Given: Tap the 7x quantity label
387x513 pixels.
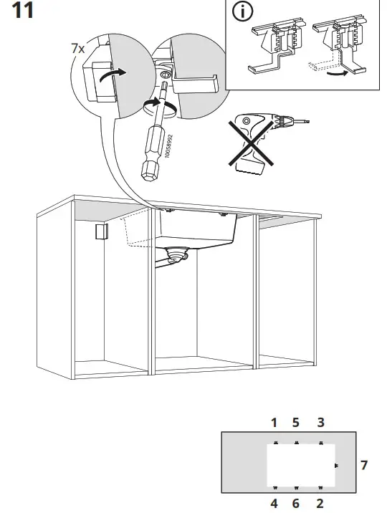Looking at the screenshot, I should click(77, 49).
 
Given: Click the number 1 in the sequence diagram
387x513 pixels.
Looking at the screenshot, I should click(274, 423).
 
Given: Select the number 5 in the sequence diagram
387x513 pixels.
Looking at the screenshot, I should click(296, 423).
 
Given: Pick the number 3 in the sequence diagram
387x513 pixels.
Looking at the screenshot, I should click(320, 423).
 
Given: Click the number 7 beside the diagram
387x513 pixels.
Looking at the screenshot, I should click(363, 466).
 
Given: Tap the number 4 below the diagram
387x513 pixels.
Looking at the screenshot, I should click(274, 504).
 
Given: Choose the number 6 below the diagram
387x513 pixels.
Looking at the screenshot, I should click(296, 504).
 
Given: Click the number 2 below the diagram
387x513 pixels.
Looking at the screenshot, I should click(320, 504).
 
